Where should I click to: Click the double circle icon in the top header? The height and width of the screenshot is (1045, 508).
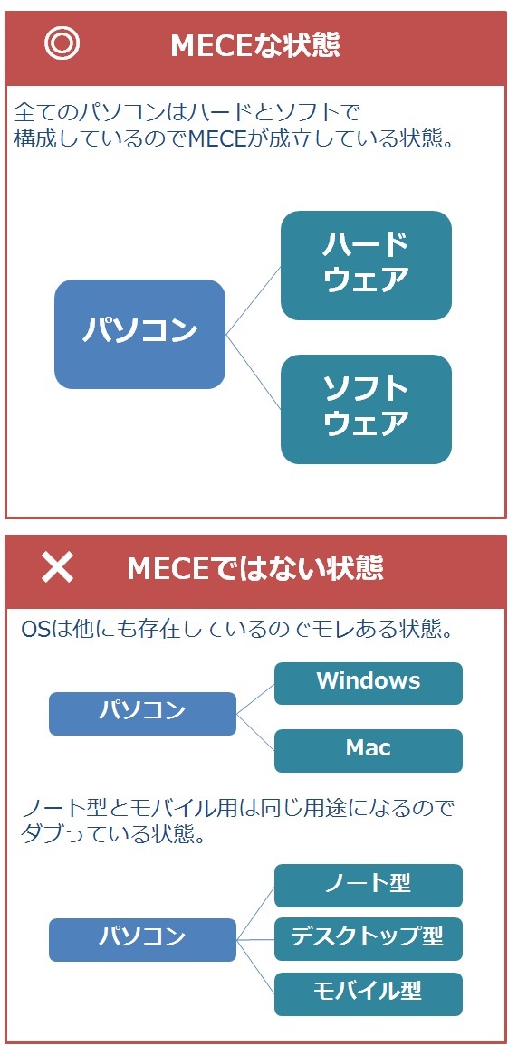point(62,44)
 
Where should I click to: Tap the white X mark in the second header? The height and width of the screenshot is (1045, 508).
point(58,568)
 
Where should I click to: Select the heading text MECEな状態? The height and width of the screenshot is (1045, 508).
point(255,45)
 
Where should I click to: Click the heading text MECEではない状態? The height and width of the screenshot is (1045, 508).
point(255,568)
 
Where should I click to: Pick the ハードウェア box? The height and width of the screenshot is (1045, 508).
point(366,265)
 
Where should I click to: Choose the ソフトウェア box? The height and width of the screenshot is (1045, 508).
point(366,409)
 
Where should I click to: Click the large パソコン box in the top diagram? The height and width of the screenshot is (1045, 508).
point(140,334)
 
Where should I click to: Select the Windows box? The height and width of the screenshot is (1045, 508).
point(368,683)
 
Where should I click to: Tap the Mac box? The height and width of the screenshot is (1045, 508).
point(368,750)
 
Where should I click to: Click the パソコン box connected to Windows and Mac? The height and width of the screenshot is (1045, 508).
point(143,713)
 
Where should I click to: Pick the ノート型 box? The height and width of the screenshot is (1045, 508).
point(368,885)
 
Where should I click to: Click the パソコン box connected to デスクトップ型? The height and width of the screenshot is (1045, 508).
point(143,940)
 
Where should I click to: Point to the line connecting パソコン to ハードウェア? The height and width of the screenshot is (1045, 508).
point(254,299)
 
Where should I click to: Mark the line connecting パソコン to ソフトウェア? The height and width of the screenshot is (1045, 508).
point(254,371)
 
